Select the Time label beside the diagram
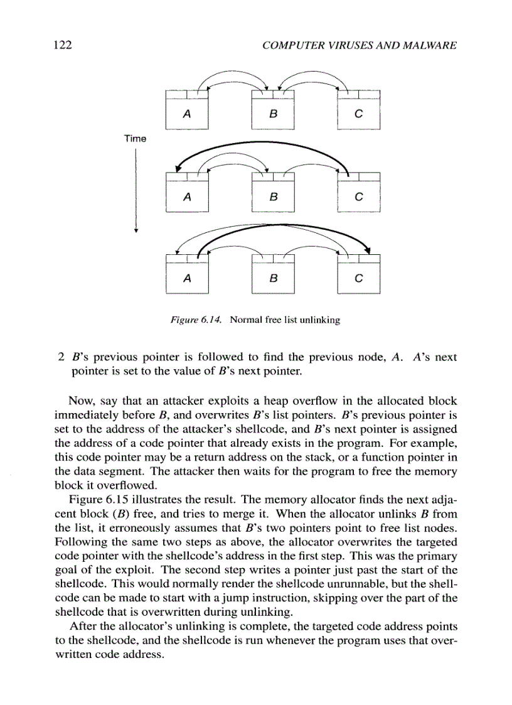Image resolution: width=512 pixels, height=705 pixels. pos(135,138)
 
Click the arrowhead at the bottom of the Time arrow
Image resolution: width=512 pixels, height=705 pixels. pos(136,230)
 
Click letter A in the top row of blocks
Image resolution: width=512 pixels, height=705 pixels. pos(186,115)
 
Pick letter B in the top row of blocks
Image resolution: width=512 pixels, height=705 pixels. pos(272,115)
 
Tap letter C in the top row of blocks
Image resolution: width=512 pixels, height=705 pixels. pos(358,115)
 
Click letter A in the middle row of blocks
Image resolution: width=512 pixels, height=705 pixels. pos(186,197)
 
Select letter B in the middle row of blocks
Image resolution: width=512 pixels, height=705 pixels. pos(272,197)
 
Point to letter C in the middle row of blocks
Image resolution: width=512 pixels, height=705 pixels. pos(358,197)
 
